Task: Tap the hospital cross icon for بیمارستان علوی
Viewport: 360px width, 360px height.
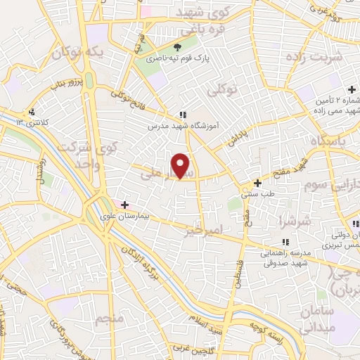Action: (125, 205)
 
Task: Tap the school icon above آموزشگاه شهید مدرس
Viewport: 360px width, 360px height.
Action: (182, 115)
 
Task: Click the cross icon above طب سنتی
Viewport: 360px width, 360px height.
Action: (257, 183)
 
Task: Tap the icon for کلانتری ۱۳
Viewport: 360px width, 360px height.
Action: (32, 112)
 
